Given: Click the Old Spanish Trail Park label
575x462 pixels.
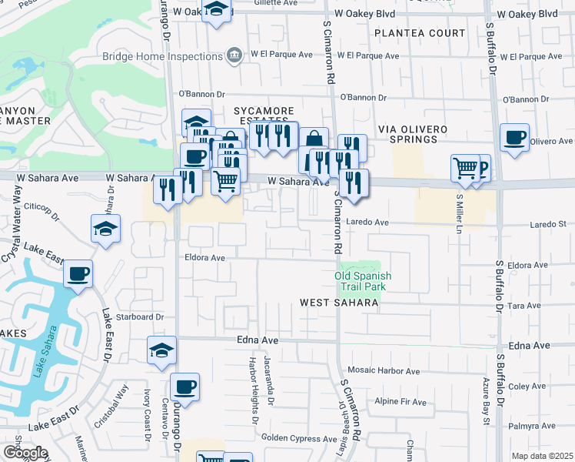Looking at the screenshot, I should (364, 281).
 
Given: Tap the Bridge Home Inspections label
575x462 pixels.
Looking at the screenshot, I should (162, 56).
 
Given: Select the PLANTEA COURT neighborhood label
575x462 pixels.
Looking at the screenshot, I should (420, 33).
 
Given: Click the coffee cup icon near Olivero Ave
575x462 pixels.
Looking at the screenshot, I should (514, 137).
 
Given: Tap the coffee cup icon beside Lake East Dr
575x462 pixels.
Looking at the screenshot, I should (78, 273).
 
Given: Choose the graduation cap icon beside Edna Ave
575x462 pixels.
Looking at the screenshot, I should (161, 350).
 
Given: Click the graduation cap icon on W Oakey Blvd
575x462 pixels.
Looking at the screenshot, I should (217, 10).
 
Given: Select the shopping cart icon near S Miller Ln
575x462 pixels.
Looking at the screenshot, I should (465, 167).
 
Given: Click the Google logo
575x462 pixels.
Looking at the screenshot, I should (25, 453).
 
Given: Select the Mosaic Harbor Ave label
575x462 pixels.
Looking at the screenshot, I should (384, 370).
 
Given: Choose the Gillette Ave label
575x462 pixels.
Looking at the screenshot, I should (274, 3).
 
